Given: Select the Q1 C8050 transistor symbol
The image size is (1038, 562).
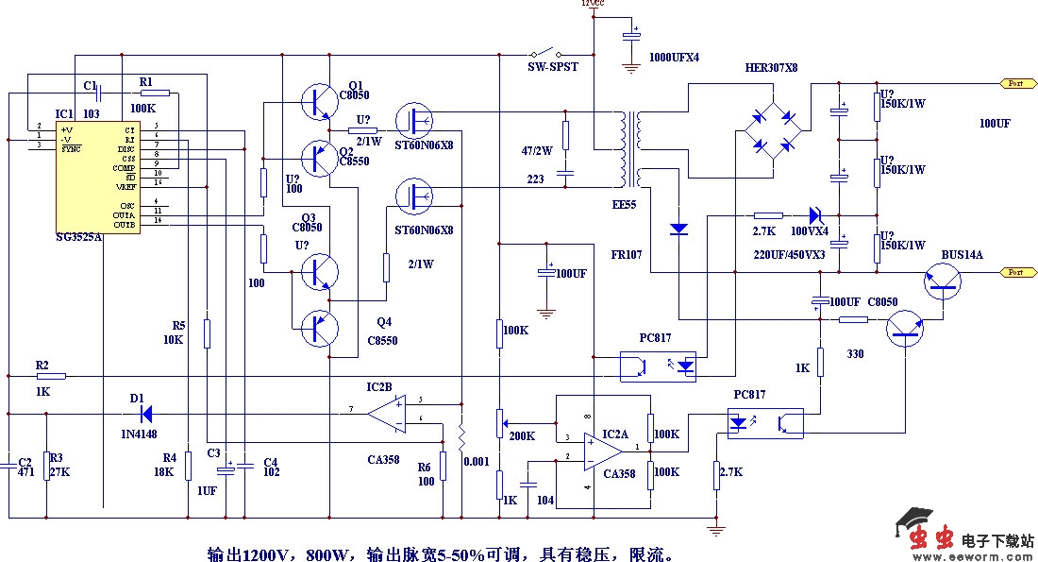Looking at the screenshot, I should point(316,101).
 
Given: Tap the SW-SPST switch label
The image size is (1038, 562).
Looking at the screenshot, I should point(552,67).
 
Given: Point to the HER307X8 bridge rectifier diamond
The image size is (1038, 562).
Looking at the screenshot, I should point(773,131).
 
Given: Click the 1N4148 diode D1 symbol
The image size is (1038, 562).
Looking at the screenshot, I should point(145,413).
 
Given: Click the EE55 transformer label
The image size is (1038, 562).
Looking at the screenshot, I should point(624,203).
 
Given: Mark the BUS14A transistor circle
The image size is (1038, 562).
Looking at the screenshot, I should point(941,280).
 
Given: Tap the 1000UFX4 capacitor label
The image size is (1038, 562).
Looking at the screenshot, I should point(674,58).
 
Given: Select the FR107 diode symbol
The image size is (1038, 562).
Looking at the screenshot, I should point(678,229).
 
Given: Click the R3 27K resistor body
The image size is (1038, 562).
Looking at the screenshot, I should point(46,466).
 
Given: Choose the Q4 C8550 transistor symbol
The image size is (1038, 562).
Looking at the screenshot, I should point(318,327).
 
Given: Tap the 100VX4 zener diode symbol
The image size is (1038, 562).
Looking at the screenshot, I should point(813,215).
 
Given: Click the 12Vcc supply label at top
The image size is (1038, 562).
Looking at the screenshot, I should point(594,4).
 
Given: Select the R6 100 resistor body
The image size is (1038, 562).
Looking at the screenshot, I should point(443,467).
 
